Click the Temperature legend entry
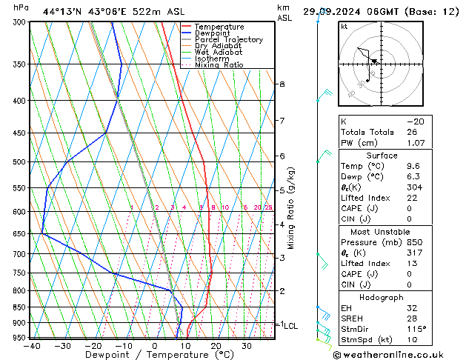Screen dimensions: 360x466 tap(219, 27)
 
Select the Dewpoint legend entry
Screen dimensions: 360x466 tap(213, 33)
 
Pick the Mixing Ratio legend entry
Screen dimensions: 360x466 tap(219, 65)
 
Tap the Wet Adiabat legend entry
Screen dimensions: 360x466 tap(219, 53)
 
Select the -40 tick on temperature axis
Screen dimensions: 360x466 tap(32, 345)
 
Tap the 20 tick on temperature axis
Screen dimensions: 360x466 tap(216, 345)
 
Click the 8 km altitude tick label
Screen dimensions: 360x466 tap(282, 84)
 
